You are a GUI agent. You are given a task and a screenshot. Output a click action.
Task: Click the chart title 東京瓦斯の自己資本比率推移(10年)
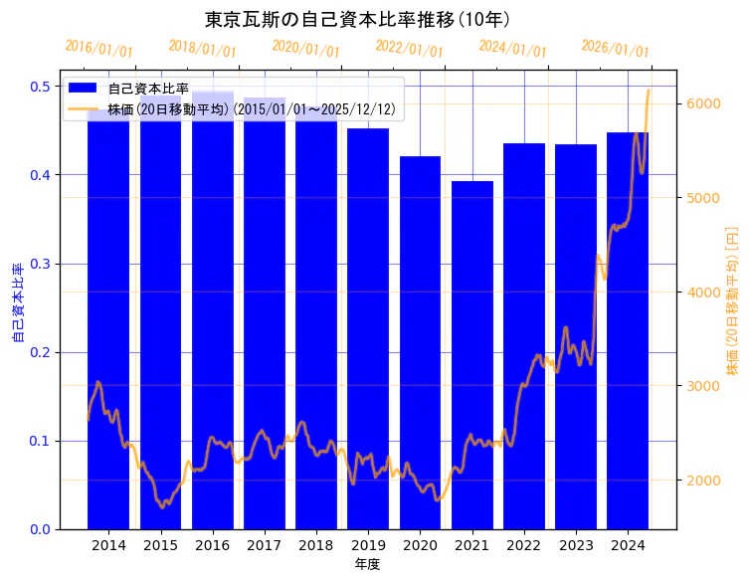[357, 19]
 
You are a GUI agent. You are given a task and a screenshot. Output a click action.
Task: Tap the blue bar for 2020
[420, 342]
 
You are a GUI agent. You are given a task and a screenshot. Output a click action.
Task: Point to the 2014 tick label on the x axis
[108, 545]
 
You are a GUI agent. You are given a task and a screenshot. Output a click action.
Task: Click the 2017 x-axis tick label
[264, 545]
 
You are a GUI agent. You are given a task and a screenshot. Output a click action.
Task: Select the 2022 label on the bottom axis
[524, 545]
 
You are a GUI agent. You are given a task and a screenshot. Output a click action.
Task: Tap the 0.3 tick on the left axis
[39, 264]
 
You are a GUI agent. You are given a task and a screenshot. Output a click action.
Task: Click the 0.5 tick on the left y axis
[39, 87]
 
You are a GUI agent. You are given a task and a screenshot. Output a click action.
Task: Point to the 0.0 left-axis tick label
[39, 529]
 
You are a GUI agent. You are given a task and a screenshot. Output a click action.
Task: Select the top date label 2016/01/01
[98, 49]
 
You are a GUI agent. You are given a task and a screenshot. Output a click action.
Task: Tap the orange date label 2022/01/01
[409, 49]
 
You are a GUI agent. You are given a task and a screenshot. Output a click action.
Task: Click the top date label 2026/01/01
[615, 49]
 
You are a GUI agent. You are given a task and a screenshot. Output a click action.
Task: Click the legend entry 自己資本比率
[148, 89]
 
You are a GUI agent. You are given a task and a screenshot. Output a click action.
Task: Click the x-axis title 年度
[368, 564]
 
